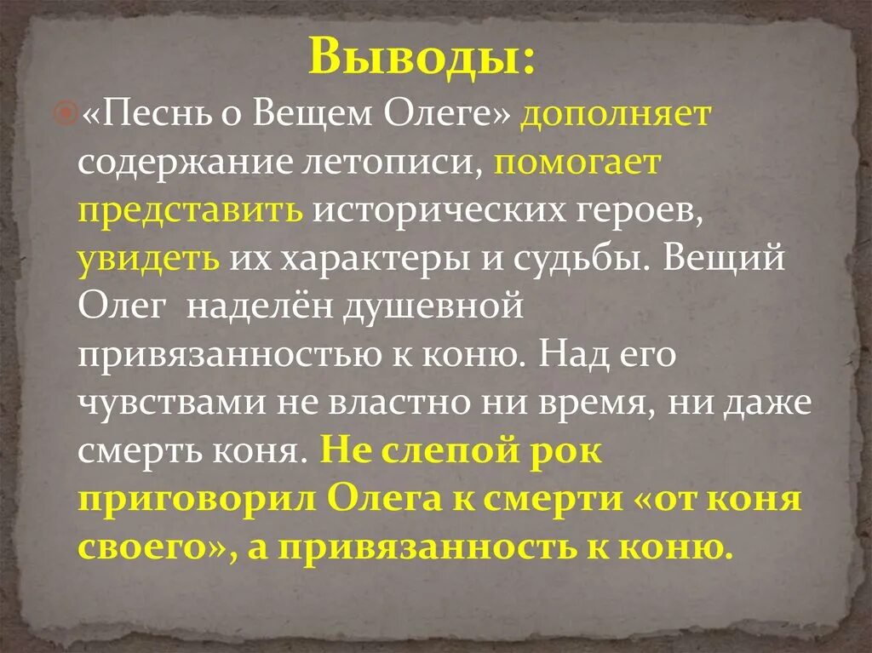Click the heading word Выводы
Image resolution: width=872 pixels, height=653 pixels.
click(421, 56)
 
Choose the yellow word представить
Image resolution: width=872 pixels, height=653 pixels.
click(191, 212)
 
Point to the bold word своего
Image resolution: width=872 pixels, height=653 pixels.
click(135, 547)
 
